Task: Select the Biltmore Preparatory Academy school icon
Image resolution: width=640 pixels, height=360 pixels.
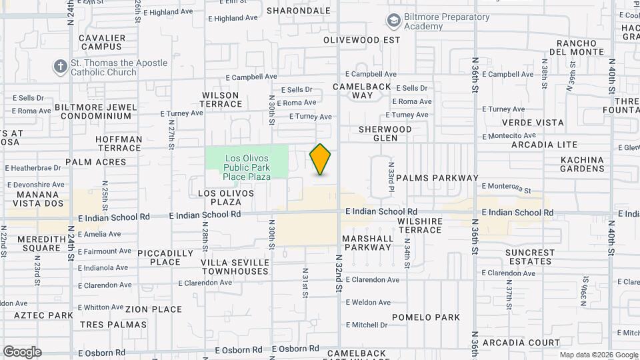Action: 393,22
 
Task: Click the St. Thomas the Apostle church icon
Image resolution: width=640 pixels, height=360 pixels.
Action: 61,67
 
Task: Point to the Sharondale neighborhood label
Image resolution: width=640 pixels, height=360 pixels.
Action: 299,11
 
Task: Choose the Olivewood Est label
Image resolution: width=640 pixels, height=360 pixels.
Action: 361,40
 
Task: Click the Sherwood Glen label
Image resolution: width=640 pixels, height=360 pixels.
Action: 385,133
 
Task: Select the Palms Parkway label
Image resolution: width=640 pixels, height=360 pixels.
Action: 437,178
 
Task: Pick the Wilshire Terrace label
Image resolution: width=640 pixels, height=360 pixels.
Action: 420,225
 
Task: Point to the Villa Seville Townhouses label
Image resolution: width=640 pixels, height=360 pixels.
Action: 235,267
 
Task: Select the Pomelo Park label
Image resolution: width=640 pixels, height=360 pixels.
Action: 426,317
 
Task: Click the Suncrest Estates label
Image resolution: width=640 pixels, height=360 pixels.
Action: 530,257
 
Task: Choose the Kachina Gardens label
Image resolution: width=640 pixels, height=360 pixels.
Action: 582,165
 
